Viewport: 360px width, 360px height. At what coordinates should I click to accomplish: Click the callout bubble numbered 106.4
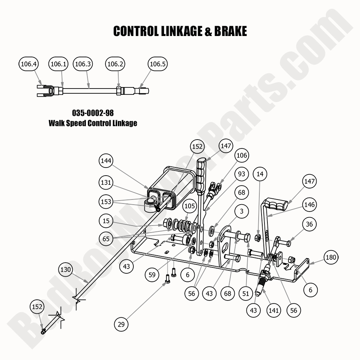[x=28, y=64]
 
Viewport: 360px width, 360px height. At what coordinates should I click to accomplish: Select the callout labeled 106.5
[x=158, y=64]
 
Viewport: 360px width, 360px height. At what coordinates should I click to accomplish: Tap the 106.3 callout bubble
[x=83, y=64]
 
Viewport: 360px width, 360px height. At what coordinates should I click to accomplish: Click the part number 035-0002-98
[x=93, y=112]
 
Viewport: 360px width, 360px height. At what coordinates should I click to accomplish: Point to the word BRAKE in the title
[x=230, y=31]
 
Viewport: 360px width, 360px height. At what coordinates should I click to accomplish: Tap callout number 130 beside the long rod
[x=66, y=270]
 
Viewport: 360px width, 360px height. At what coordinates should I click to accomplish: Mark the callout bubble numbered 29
[x=121, y=324]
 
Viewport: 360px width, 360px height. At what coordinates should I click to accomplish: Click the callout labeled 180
[x=331, y=257]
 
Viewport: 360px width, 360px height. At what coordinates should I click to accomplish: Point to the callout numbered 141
[x=274, y=310]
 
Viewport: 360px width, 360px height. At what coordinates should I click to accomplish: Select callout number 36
[x=310, y=224]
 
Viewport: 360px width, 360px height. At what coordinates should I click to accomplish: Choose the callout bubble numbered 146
[x=310, y=204]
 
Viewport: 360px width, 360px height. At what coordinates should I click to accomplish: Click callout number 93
[x=241, y=174]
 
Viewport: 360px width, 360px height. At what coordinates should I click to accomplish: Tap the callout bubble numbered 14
[x=260, y=174]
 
